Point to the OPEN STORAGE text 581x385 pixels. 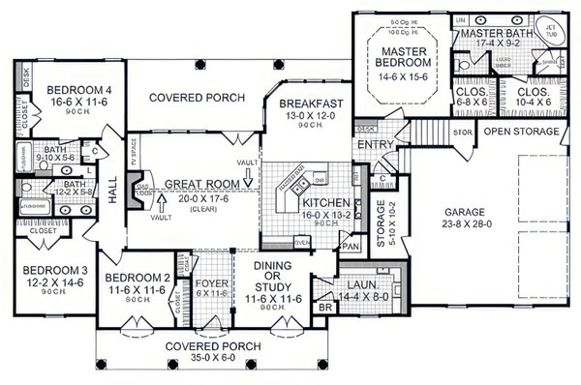click(x=521, y=131)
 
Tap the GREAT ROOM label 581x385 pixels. click(x=200, y=184)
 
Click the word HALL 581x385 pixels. click(x=111, y=194)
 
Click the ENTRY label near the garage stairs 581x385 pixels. click(x=373, y=144)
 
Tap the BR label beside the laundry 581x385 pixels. click(x=325, y=307)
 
